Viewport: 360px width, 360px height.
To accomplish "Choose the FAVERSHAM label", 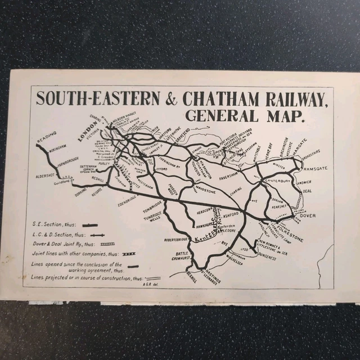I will (x=227, y=175).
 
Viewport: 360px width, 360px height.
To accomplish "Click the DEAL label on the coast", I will (x=307, y=191).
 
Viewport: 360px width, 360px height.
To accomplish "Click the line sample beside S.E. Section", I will (x=89, y=225).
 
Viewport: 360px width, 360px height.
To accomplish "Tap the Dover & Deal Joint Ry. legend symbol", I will (x=107, y=244).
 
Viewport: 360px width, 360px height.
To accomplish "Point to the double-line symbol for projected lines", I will (x=152, y=278).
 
